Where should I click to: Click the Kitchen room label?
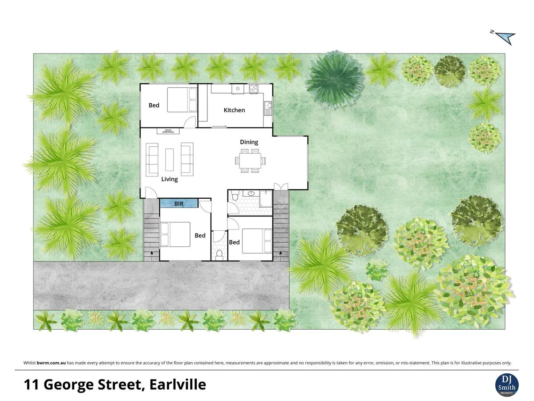[234, 110]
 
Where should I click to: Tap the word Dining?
[249, 142]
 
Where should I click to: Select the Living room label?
[170, 179]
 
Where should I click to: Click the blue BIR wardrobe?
[179, 204]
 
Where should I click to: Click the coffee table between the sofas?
[170, 160]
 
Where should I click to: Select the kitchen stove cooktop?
[254, 89]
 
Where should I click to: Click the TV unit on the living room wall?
[168, 131]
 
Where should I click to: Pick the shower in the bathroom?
[266, 199]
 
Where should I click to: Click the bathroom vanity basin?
[251, 194]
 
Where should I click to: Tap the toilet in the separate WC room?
[219, 255]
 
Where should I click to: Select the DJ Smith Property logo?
[506, 384]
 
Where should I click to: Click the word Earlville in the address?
[178, 384]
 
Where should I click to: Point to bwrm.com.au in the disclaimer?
[51, 363]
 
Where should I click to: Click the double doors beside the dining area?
[280, 186]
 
